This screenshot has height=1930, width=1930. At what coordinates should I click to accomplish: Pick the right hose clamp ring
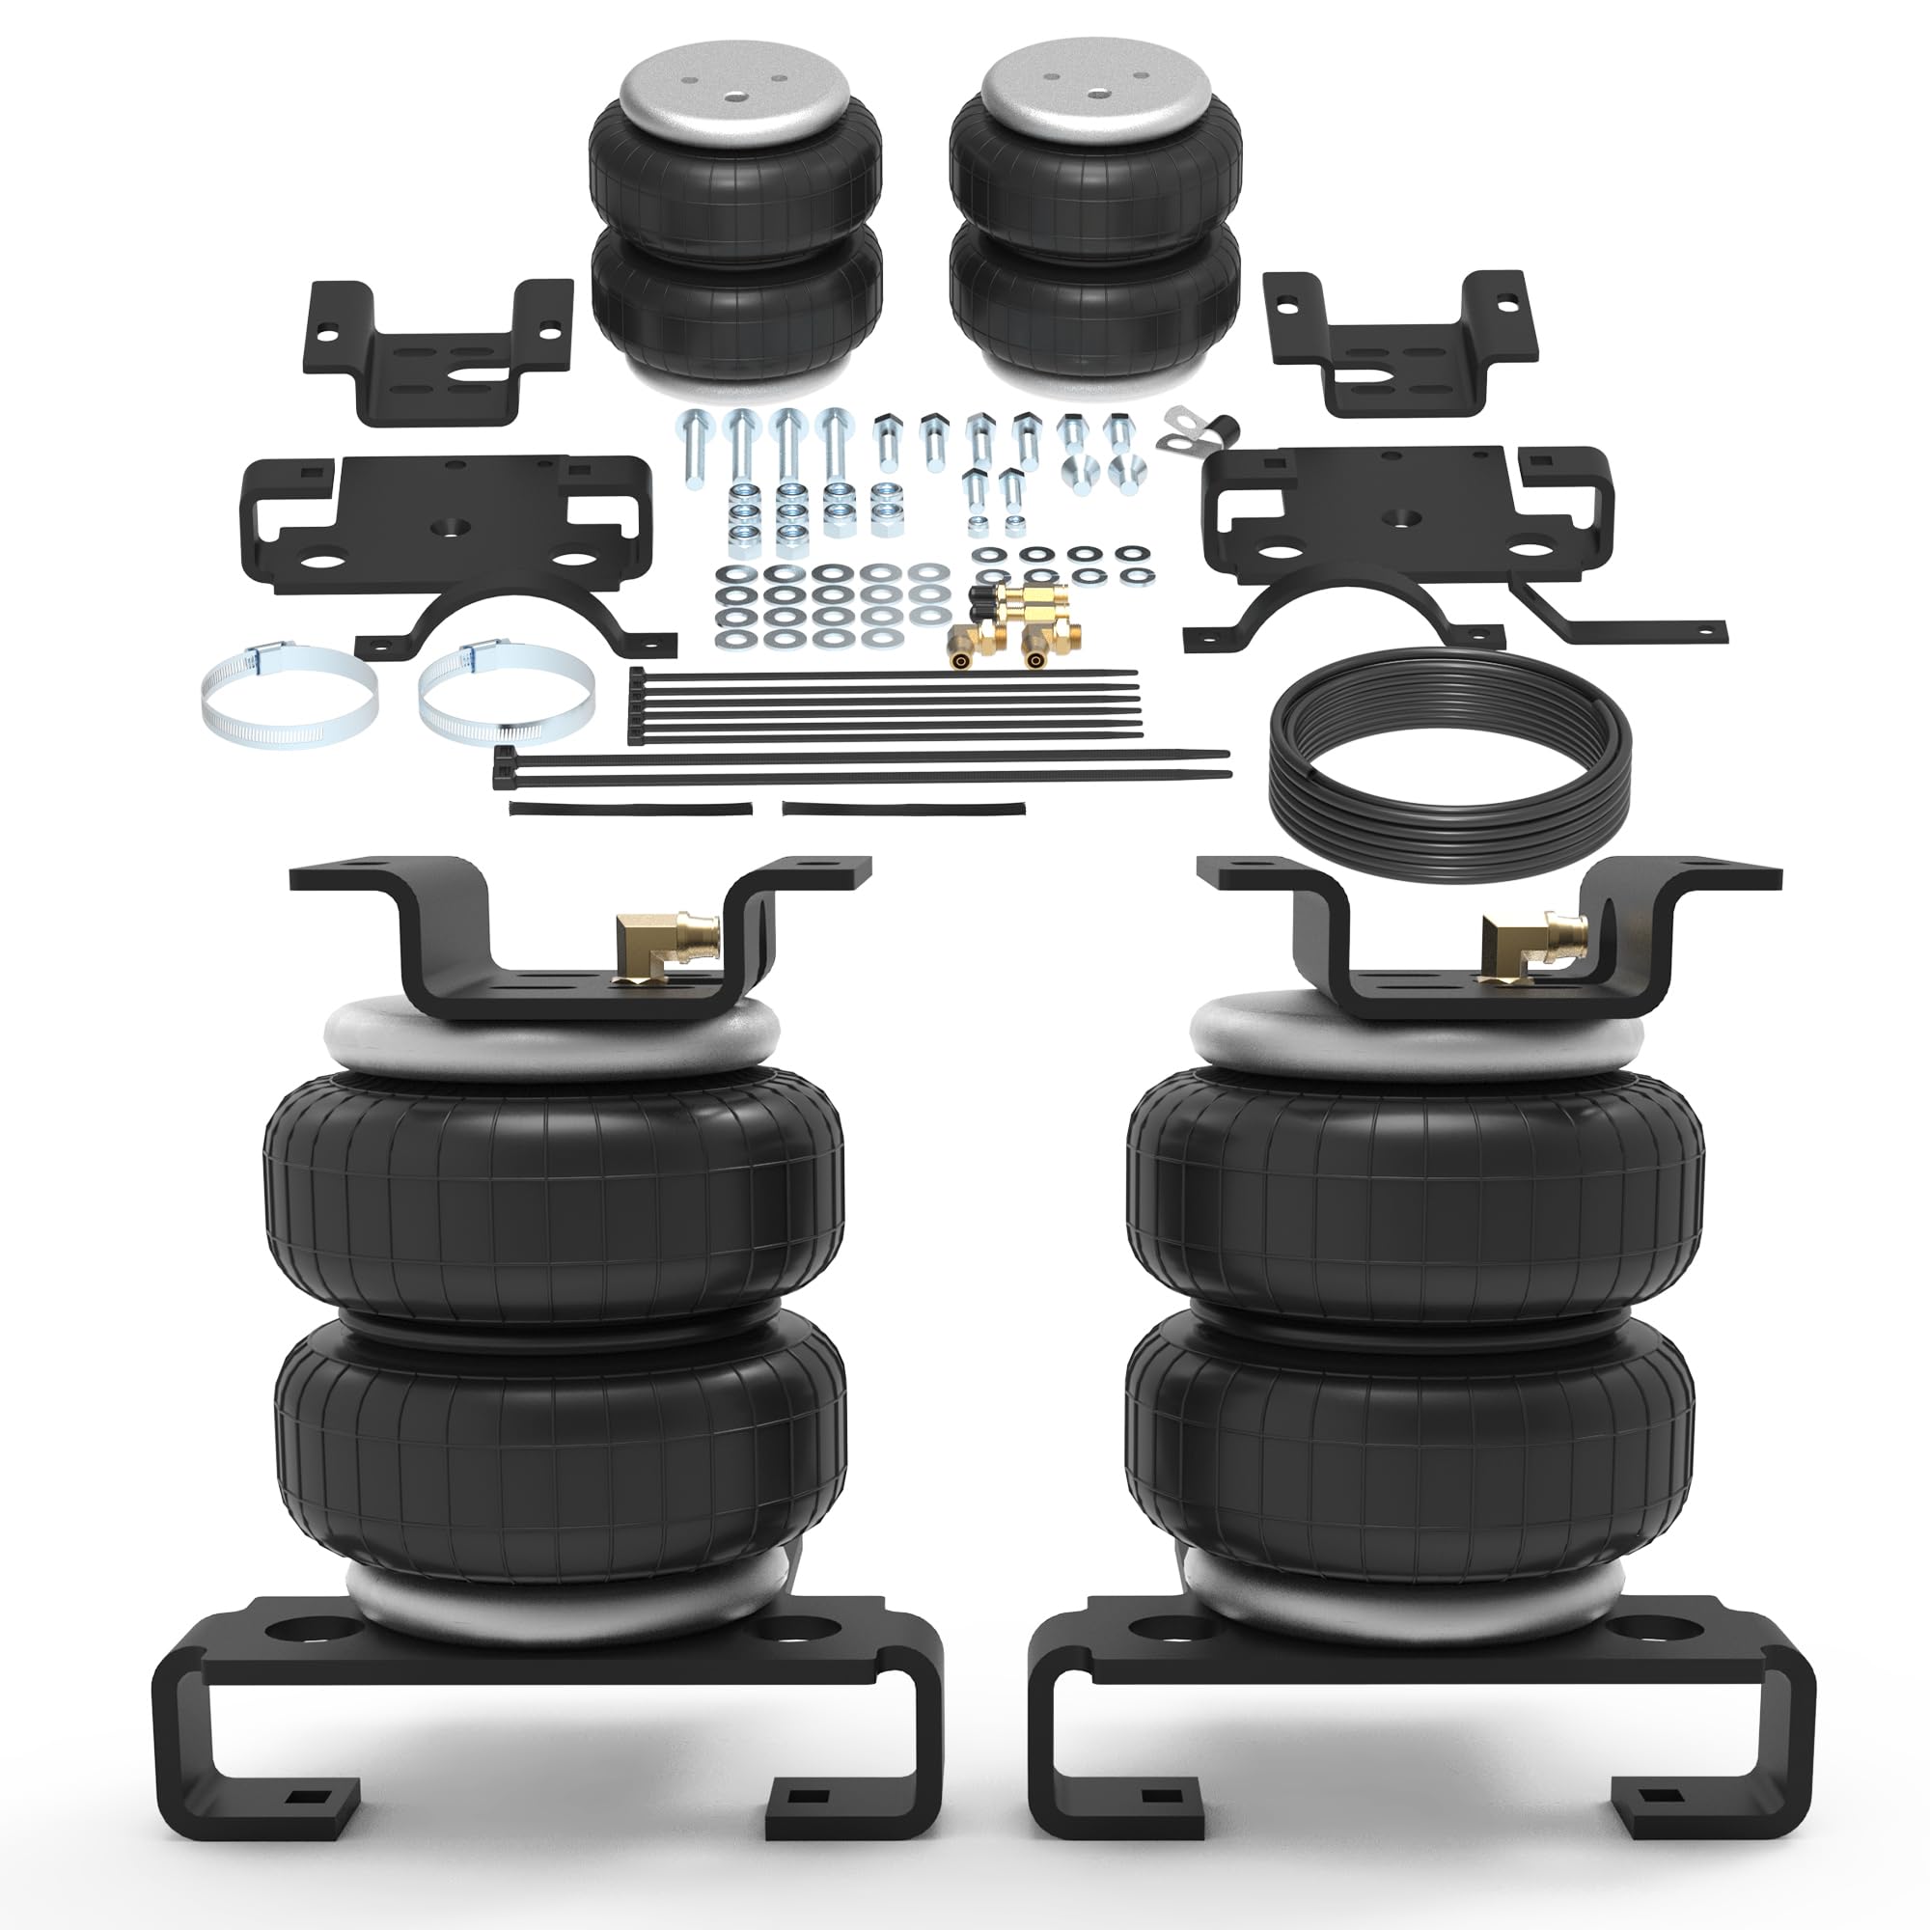(x=507, y=693)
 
